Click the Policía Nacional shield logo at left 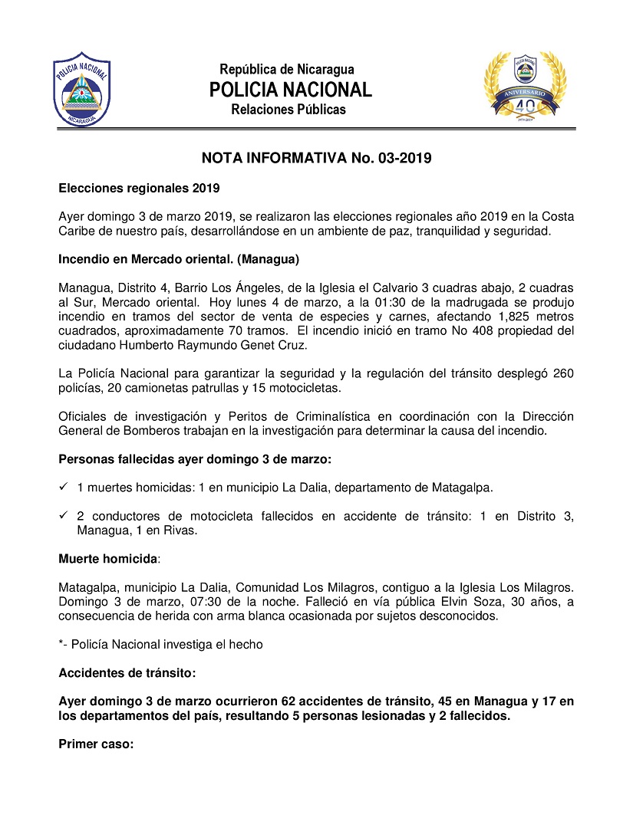pos(81,89)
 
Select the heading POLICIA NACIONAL pos(290,90)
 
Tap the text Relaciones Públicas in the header pos(288,110)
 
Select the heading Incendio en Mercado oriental pos(179,258)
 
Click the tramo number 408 pos(457,330)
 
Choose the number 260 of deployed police pos(564,373)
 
